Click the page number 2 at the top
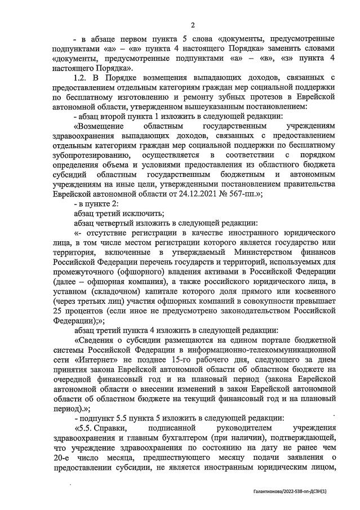[192, 25]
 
